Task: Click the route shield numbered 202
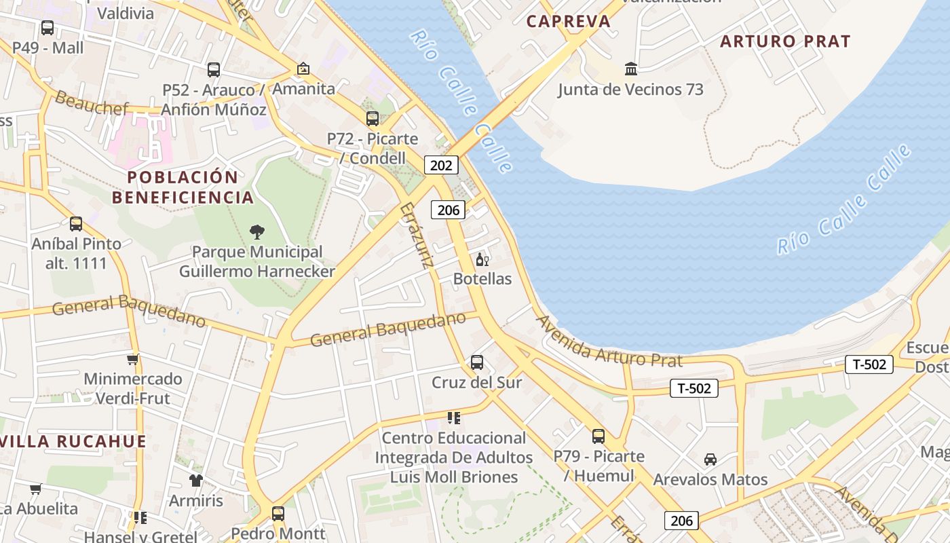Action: [441, 165]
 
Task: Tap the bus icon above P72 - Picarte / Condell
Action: [372, 119]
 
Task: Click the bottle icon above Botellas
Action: [482, 259]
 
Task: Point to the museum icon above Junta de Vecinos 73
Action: [631, 69]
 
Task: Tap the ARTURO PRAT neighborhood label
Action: [784, 41]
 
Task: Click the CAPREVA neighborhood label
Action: [569, 21]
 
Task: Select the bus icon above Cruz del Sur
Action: [477, 362]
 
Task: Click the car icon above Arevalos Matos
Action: [710, 460]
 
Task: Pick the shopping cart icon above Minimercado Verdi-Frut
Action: [133, 359]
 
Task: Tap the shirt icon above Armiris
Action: [196, 481]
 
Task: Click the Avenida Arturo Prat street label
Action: [609, 342]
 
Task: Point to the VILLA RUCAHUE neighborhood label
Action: [73, 442]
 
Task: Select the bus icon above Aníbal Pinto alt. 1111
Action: [76, 224]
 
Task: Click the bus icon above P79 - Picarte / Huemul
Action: [598, 436]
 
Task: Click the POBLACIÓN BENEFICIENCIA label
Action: [183, 187]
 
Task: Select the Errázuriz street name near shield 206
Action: [417, 235]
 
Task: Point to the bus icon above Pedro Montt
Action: [278, 514]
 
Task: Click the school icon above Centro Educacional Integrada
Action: [454, 418]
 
